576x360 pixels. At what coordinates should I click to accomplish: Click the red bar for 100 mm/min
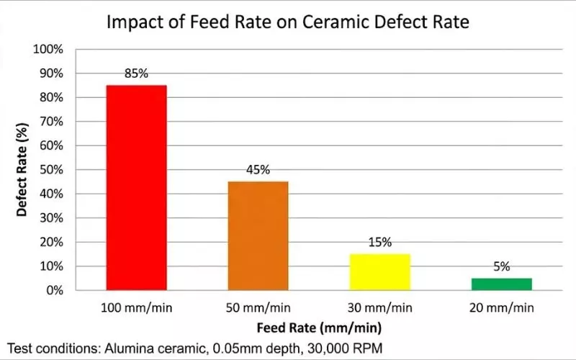pyautogui.click(x=136, y=187)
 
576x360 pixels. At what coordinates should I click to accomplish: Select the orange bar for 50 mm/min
pyautogui.click(x=258, y=235)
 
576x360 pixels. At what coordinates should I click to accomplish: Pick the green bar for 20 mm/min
pyautogui.click(x=502, y=284)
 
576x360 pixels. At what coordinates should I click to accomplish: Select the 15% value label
pyautogui.click(x=380, y=242)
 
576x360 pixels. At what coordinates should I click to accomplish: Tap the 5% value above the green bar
pyautogui.click(x=502, y=266)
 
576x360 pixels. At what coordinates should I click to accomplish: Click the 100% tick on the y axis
pyautogui.click(x=49, y=49)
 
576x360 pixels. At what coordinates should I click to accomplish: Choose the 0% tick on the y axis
pyautogui.click(x=55, y=290)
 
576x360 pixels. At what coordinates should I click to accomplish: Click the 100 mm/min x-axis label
pyautogui.click(x=136, y=308)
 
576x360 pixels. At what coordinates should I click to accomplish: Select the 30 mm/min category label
pyautogui.click(x=380, y=308)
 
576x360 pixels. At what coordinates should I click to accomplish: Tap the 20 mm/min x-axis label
pyautogui.click(x=502, y=308)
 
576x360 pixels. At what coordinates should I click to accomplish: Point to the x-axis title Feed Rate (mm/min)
pyautogui.click(x=319, y=327)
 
